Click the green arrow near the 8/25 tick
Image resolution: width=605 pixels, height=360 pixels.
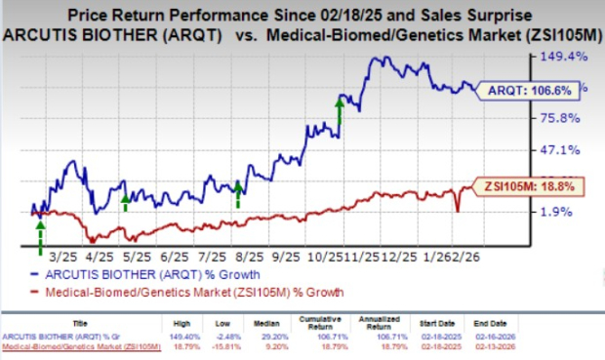(x=237, y=194)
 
